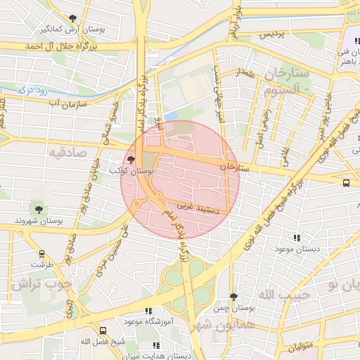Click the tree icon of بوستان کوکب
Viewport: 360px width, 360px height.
point(131,160)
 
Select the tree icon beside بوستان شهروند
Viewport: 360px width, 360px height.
point(38,209)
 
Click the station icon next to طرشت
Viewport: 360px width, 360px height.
point(42,254)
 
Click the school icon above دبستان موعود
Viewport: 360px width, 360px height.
point(296,238)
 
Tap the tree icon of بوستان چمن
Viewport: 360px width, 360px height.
point(233,297)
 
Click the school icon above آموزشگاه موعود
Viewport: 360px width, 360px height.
point(148,311)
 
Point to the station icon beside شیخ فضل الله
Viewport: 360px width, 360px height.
point(103,330)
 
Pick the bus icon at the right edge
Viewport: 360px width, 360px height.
point(346,183)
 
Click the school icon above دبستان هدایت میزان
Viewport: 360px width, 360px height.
point(155,345)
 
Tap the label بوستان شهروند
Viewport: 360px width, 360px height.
point(39,221)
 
